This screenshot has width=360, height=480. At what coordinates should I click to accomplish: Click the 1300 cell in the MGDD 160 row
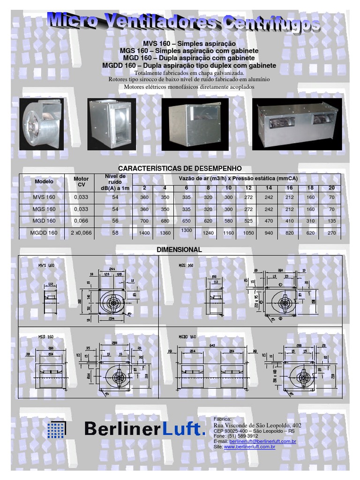(x=186, y=230)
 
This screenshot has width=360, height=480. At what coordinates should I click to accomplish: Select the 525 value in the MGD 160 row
(x=248, y=221)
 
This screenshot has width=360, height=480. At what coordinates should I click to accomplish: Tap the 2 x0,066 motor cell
(x=81, y=232)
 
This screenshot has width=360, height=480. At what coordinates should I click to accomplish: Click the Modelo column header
(x=44, y=181)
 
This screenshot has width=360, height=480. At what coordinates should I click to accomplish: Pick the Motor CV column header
(x=81, y=181)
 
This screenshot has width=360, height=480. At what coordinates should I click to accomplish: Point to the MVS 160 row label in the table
(x=44, y=197)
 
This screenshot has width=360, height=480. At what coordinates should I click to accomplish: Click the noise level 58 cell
(x=115, y=232)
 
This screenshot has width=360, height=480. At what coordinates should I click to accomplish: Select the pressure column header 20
(x=331, y=188)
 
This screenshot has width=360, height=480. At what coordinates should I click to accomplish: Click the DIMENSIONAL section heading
(x=180, y=250)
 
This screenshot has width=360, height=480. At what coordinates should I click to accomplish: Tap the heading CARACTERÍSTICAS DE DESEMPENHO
(x=180, y=168)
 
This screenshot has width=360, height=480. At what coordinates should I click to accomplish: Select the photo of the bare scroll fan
(x=43, y=124)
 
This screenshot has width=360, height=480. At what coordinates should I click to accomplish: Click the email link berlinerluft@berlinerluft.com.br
(x=262, y=442)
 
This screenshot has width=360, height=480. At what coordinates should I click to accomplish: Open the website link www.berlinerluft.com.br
(x=249, y=447)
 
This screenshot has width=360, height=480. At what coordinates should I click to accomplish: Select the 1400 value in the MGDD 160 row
(x=144, y=232)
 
